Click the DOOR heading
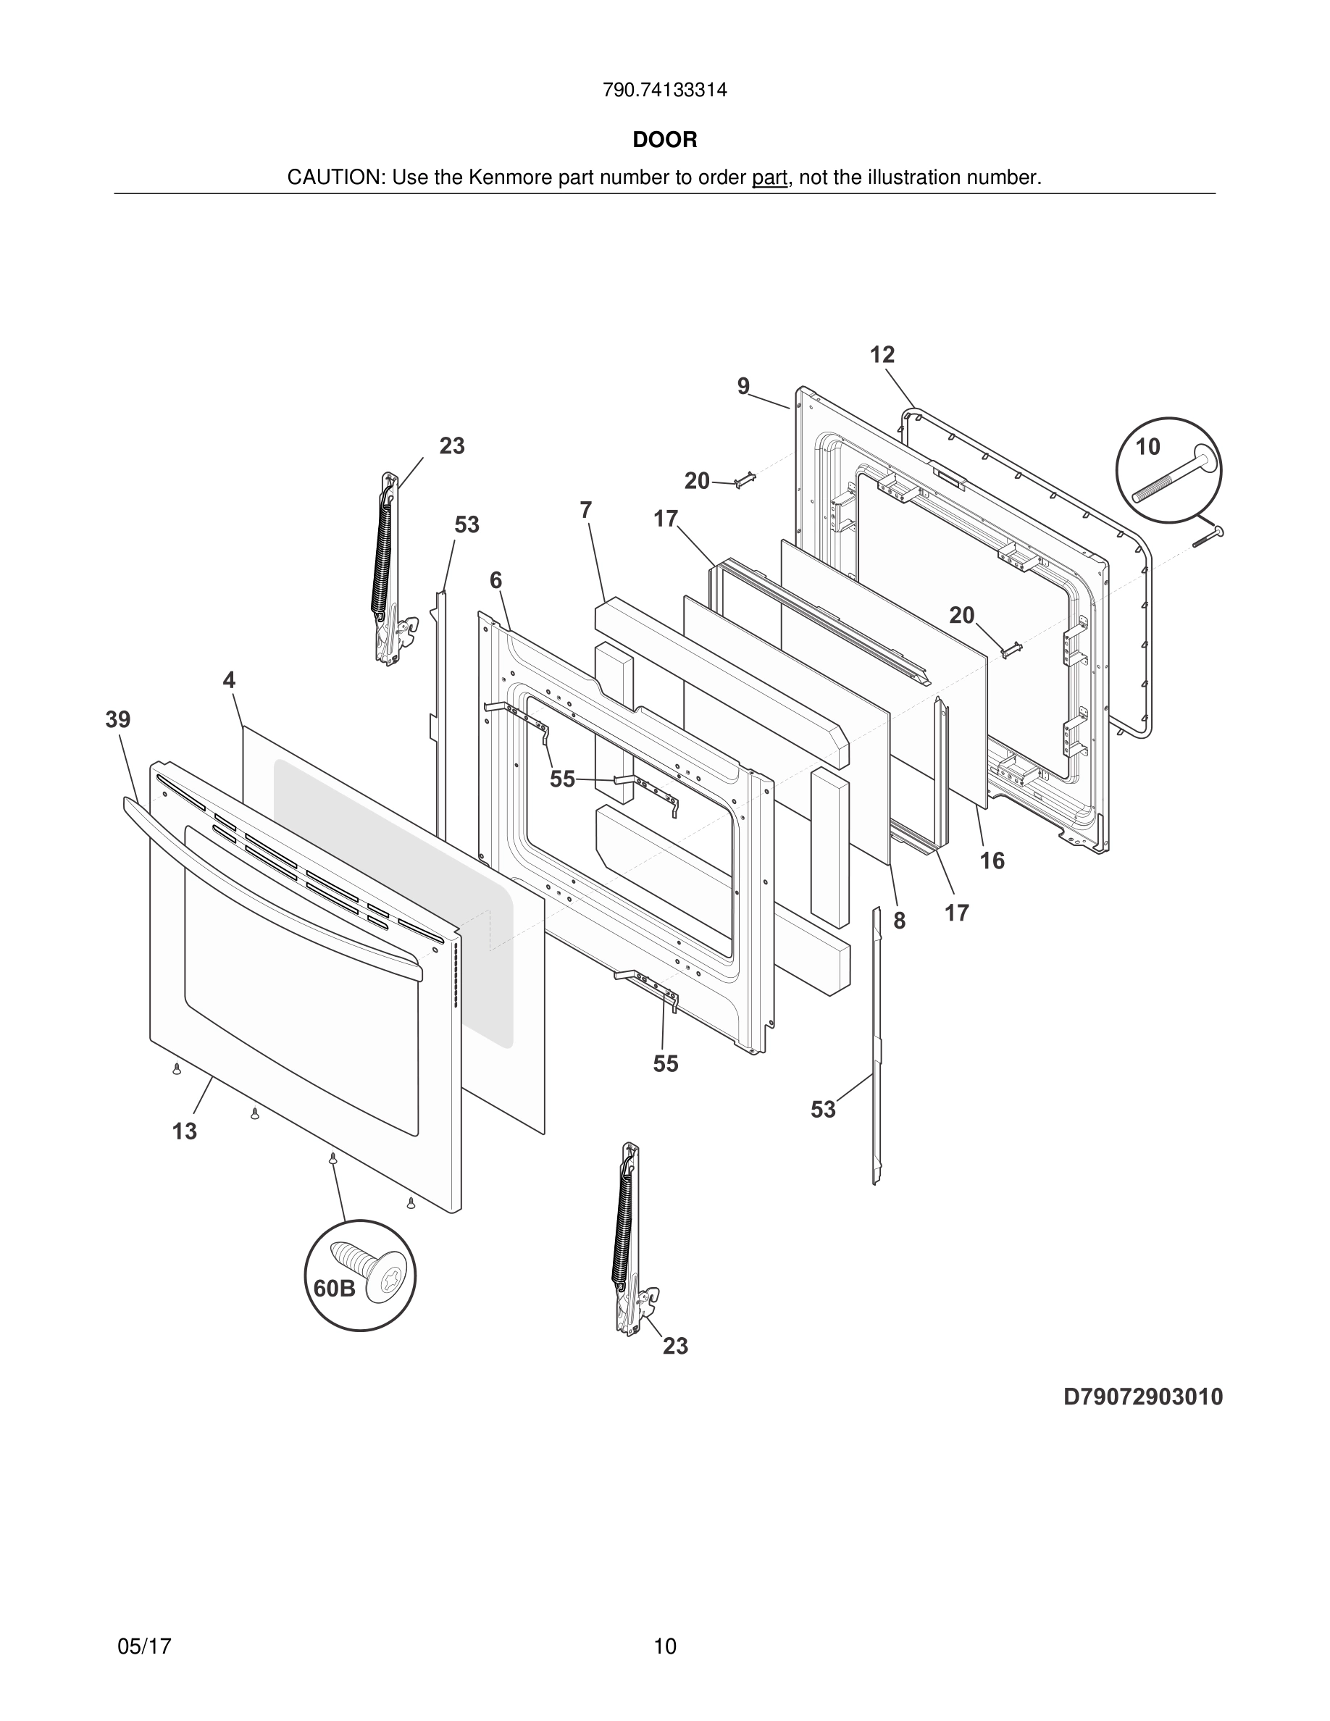point(665,141)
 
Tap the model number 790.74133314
point(665,91)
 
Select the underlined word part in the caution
point(769,178)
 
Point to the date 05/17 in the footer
point(144,1646)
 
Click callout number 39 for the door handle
point(118,719)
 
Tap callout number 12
point(882,356)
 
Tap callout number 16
point(992,861)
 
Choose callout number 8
point(899,921)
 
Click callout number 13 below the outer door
point(185,1131)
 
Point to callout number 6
point(495,581)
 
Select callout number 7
point(585,511)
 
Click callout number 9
point(743,387)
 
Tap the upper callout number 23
point(451,446)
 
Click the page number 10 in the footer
point(665,1646)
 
